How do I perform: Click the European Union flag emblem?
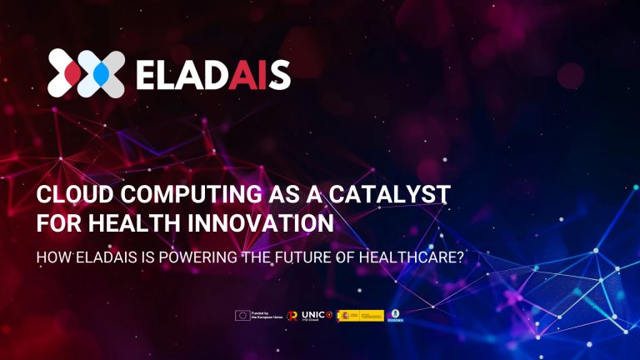[243, 316]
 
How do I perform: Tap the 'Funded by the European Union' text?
[266, 316]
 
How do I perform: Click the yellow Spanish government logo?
[360, 316]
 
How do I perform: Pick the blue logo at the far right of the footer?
[396, 316]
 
